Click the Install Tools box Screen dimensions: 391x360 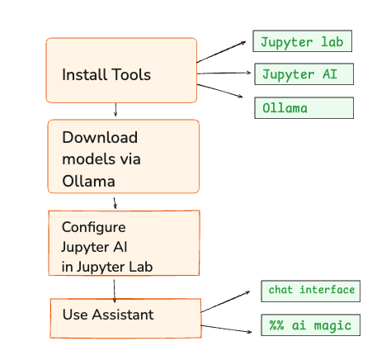coord(121,70)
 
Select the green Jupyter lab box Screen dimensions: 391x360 coord(302,41)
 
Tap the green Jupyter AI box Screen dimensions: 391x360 coord(304,74)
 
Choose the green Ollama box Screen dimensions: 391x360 coord(304,107)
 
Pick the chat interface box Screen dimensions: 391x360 coord(310,291)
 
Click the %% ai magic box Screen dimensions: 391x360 coord(310,324)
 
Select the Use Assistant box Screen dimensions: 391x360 coord(125,318)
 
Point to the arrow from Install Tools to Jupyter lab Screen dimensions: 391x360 coord(221,52)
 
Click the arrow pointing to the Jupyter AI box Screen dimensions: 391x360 coord(224,73)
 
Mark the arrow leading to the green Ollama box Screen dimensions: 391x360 coord(220,91)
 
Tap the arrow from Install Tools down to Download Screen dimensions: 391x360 coord(115,110)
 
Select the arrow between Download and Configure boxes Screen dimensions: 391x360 coord(115,203)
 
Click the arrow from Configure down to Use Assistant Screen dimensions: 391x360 coord(114,291)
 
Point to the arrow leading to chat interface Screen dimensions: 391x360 coord(225,301)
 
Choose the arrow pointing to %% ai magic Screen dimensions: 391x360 coord(226,329)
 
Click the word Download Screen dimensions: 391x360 coord(100,137)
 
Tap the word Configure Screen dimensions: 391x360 coord(94,228)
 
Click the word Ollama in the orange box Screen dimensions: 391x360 coord(88,182)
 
